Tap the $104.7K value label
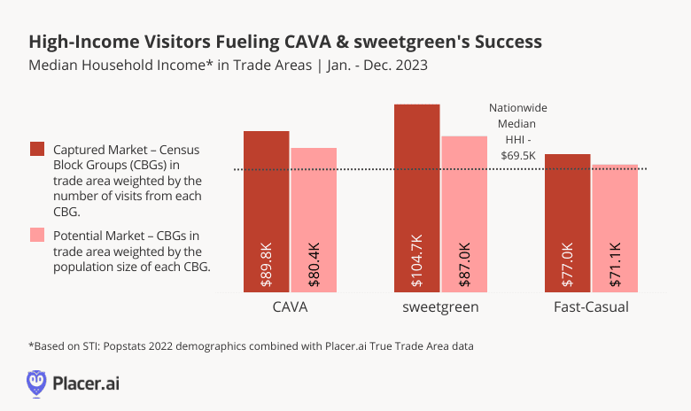417,260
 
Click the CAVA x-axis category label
290,307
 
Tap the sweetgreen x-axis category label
440,307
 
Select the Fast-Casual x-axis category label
591,307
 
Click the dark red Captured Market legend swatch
37,148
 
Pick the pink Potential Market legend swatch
37,235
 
